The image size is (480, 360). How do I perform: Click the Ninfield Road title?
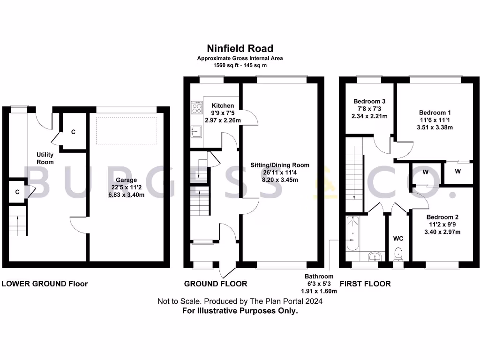240,48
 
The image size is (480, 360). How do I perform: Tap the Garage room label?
127,180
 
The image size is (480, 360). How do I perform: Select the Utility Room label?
45,158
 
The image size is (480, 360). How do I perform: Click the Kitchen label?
223,105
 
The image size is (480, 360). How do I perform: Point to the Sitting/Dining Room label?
280,165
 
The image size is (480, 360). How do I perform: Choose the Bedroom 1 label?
432,112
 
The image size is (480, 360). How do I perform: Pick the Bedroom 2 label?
442,217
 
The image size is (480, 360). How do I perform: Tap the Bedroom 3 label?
369,101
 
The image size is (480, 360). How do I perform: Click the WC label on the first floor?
398,239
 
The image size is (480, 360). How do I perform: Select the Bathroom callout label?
319,277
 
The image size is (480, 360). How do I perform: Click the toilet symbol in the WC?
399,254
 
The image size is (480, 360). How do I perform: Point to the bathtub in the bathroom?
352,233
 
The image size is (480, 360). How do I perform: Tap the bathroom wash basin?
374,256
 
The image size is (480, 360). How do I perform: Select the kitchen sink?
195,132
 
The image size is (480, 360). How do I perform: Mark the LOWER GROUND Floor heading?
45,284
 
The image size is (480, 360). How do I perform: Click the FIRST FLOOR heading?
365,284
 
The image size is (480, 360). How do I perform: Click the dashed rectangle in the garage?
127,130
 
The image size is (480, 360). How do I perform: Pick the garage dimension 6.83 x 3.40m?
127,194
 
